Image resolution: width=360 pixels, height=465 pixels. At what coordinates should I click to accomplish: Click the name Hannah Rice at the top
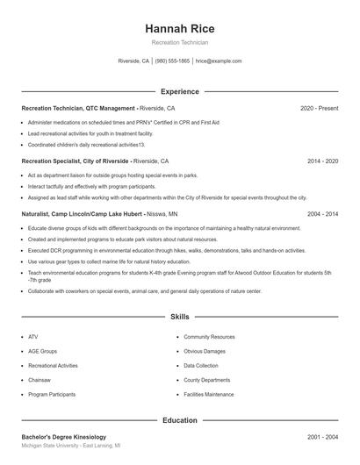point(179,28)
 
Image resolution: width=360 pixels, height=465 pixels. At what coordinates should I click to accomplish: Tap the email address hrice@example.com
point(219,61)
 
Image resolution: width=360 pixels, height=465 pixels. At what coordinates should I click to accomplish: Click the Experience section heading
point(179,91)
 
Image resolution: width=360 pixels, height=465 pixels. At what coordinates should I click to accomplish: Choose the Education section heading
point(179,420)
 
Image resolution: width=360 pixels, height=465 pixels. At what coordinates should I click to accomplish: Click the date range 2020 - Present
point(319,108)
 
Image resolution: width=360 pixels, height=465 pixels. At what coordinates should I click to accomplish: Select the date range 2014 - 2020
point(322,161)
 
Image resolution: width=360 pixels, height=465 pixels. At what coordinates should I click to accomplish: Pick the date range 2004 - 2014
point(322,213)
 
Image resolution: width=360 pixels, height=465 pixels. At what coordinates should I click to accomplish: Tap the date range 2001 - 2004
point(322,436)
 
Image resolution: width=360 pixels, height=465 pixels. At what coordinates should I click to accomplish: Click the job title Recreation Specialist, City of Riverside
point(76,161)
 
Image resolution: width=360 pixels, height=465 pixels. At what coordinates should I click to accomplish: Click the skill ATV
point(33,336)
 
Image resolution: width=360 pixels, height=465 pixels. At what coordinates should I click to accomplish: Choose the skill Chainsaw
point(40,380)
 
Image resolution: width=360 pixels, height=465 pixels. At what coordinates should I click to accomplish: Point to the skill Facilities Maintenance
point(209,395)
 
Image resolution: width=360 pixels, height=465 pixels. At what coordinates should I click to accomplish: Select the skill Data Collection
point(201,365)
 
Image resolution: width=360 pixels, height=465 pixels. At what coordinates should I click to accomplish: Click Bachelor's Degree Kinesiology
point(63,436)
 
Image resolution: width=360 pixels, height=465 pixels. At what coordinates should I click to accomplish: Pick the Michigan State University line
point(70,446)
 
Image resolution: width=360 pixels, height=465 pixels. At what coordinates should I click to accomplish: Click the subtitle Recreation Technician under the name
point(179,42)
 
